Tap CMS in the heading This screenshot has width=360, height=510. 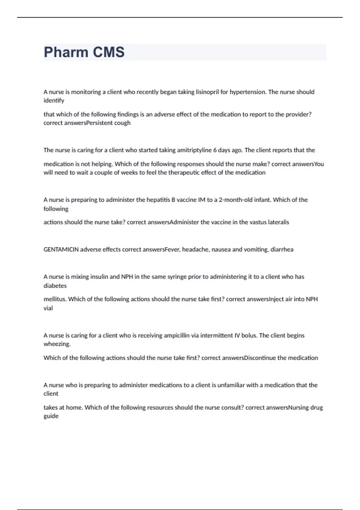(109, 52)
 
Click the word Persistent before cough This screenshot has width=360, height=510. (99, 123)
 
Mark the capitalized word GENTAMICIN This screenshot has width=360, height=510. (61, 250)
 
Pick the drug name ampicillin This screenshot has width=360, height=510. (176, 335)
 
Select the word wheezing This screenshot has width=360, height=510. (57, 344)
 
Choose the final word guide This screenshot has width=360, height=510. (51, 416)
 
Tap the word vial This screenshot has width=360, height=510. (48, 308)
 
